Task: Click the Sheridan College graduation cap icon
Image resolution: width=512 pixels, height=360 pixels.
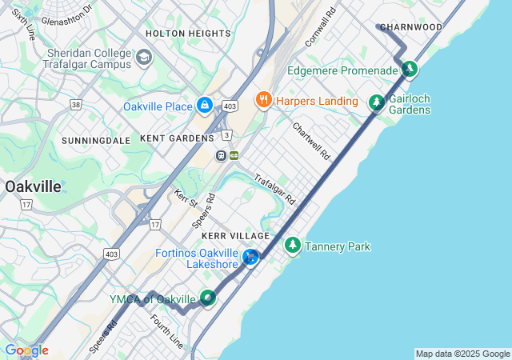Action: [x=143, y=58]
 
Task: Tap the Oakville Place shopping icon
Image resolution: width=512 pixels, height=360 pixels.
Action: [x=206, y=106]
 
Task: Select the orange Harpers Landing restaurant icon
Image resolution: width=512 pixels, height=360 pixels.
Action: [x=262, y=100]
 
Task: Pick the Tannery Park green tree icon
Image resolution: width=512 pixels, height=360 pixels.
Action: [x=293, y=246]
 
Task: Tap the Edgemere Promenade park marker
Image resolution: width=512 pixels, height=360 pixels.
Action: [x=409, y=70]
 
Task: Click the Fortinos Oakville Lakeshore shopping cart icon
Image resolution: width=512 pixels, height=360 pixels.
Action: [x=251, y=258]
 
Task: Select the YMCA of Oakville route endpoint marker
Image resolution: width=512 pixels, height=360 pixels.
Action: [x=208, y=298]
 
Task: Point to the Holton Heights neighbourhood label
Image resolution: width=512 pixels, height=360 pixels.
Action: [x=188, y=34]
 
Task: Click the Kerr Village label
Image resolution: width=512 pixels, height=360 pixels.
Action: [x=236, y=236]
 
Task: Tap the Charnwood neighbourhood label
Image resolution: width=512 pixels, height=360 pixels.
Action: [x=411, y=27]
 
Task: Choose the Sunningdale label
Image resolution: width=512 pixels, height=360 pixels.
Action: [x=96, y=140]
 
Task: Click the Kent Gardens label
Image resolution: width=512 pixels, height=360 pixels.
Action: [x=177, y=138]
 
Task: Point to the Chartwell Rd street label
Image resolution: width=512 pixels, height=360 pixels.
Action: [x=311, y=141]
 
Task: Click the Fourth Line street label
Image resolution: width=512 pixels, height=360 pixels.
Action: [x=166, y=330]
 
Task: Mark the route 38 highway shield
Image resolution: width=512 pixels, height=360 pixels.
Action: [x=76, y=104]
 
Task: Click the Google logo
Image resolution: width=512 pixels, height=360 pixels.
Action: [x=26, y=350]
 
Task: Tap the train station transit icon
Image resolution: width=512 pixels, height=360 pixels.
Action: [x=221, y=155]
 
